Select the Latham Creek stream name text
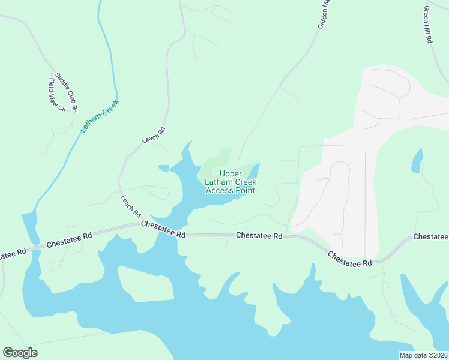point(100,115)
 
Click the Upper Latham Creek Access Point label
point(230,182)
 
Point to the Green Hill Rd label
point(428,24)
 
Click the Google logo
point(20,353)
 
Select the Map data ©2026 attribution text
point(423,355)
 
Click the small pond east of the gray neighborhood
point(416,161)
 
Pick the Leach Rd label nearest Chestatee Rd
point(130,206)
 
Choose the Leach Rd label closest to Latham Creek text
point(153,135)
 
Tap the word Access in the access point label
point(218,191)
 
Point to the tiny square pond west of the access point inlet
point(163,168)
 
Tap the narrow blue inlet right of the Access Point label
point(253,175)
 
